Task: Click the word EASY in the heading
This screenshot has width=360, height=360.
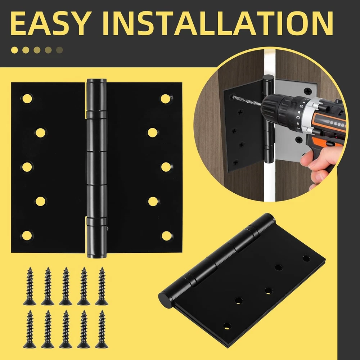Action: coord(50,23)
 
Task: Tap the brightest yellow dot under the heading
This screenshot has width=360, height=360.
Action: coord(14,50)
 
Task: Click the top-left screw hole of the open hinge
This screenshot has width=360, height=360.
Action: coord(27,99)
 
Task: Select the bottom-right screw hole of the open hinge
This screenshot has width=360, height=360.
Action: coord(166,236)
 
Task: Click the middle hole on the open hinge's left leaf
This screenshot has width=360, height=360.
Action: coord(27,167)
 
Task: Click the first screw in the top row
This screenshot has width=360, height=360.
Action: coord(30,286)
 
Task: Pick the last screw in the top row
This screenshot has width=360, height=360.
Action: coord(102,286)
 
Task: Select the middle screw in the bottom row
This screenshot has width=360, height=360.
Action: coord(66,329)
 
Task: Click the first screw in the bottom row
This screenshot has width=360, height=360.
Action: coord(30,329)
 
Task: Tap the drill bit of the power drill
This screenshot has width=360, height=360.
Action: coord(247,101)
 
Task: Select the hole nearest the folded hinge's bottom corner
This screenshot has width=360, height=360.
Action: coord(227,326)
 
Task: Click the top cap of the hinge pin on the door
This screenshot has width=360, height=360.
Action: coord(268,78)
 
